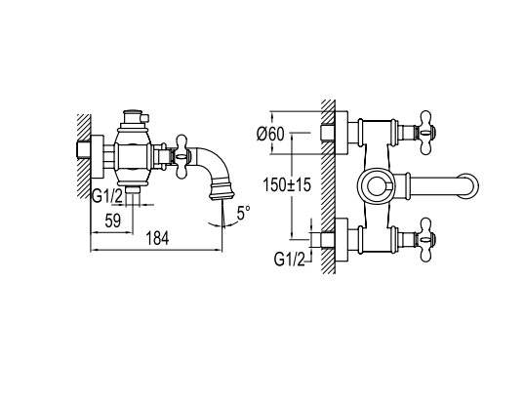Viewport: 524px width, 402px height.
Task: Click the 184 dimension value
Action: (157, 238)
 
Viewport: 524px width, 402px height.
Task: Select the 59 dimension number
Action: (113, 221)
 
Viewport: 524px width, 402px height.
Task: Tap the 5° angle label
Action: (243, 214)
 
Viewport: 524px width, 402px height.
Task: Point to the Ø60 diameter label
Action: (270, 135)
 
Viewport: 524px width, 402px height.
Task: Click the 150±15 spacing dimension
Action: (287, 184)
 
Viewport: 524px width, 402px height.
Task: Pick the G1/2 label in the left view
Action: (107, 196)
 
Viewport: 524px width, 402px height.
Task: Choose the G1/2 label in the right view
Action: (290, 260)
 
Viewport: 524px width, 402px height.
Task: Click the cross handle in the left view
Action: (182, 156)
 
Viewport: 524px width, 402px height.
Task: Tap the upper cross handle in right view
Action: (425, 133)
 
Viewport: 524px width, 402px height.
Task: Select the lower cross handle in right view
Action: (425, 240)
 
